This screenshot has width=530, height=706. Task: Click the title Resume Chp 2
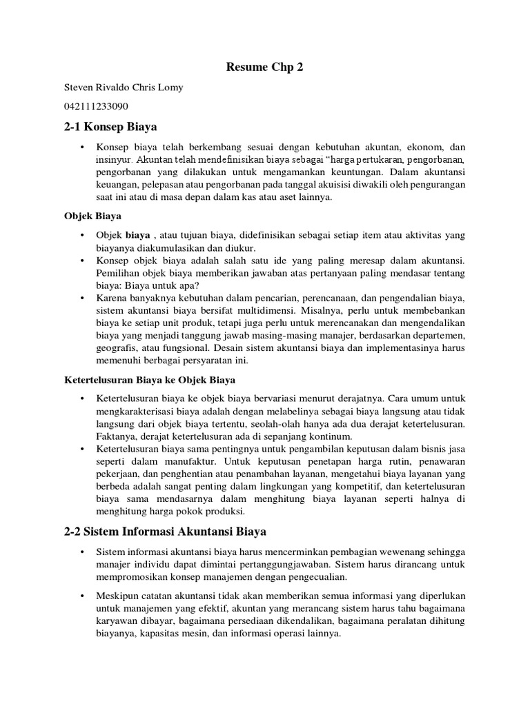tap(265, 68)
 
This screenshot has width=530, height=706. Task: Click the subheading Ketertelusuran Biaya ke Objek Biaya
tap(149, 380)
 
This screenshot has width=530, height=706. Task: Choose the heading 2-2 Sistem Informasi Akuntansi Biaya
tap(165, 532)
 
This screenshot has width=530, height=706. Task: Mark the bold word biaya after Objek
tap(137, 235)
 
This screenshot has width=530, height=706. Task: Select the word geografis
tap(117, 347)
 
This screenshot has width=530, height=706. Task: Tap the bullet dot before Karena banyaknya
tap(82, 297)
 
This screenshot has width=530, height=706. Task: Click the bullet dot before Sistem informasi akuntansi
tap(82, 552)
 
